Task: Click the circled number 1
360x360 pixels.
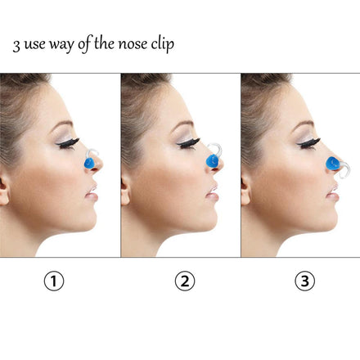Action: pos(54,281)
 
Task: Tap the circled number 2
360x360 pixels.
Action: pos(185,281)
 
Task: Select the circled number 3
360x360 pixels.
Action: pos(305,281)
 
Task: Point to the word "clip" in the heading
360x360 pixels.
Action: pos(163,44)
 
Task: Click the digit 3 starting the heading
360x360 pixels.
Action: pos(16,46)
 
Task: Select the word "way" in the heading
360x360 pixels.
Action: pos(61,45)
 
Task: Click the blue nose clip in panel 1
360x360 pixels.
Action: pos(89,164)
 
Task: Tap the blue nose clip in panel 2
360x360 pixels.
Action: pos(212,161)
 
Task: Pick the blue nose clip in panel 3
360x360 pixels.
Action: pos(333,164)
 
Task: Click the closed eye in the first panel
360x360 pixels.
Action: pos(68,143)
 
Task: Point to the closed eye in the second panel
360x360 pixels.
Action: pos(189,143)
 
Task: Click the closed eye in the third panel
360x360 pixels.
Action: pos(308,143)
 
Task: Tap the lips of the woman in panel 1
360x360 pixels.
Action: pos(92,192)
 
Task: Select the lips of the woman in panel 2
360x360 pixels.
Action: pos(213,192)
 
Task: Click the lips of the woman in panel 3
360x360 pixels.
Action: pos(333,192)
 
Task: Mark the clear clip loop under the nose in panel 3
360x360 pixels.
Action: pos(346,169)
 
